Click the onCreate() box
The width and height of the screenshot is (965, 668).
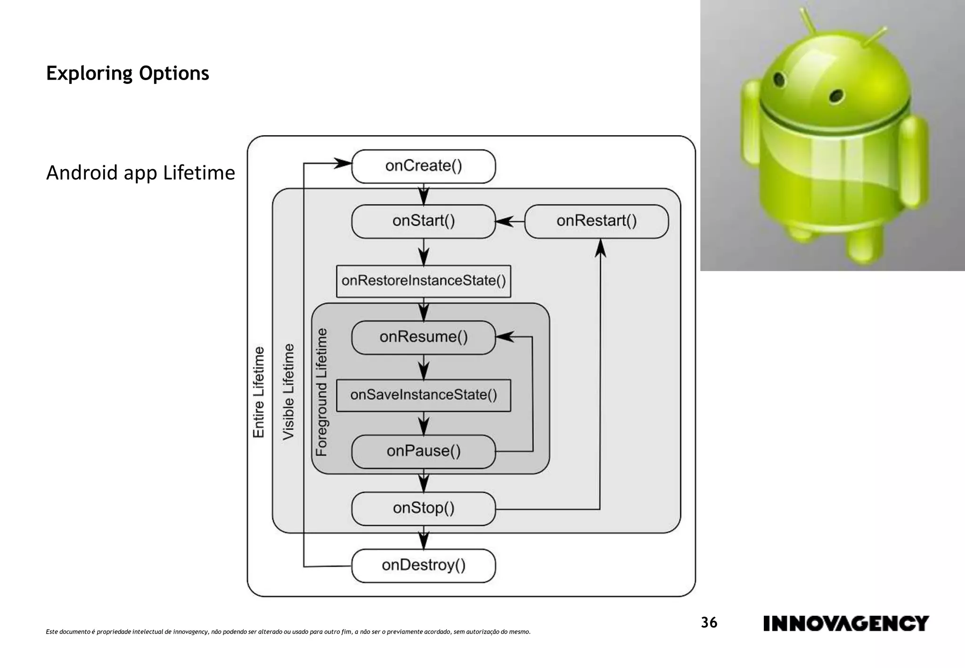423,166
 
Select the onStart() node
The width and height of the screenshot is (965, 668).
423,221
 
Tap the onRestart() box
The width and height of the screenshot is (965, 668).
596,221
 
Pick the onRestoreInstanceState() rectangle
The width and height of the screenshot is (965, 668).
423,281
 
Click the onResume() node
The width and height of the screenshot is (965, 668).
423,337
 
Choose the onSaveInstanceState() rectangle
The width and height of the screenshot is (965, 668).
423,395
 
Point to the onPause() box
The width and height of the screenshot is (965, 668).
423,451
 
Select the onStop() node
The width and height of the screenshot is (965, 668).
423,508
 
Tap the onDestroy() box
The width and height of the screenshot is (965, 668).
423,565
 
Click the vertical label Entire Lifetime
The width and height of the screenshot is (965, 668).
259,392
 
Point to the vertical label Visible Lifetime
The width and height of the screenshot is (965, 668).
288,392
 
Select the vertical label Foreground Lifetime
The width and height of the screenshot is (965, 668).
321,392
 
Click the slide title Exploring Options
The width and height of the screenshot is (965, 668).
127,73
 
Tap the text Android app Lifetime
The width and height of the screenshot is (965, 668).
140,173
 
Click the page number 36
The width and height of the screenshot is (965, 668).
709,623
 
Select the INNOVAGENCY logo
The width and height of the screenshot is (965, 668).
845,623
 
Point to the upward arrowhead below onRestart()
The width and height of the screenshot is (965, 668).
600,248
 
